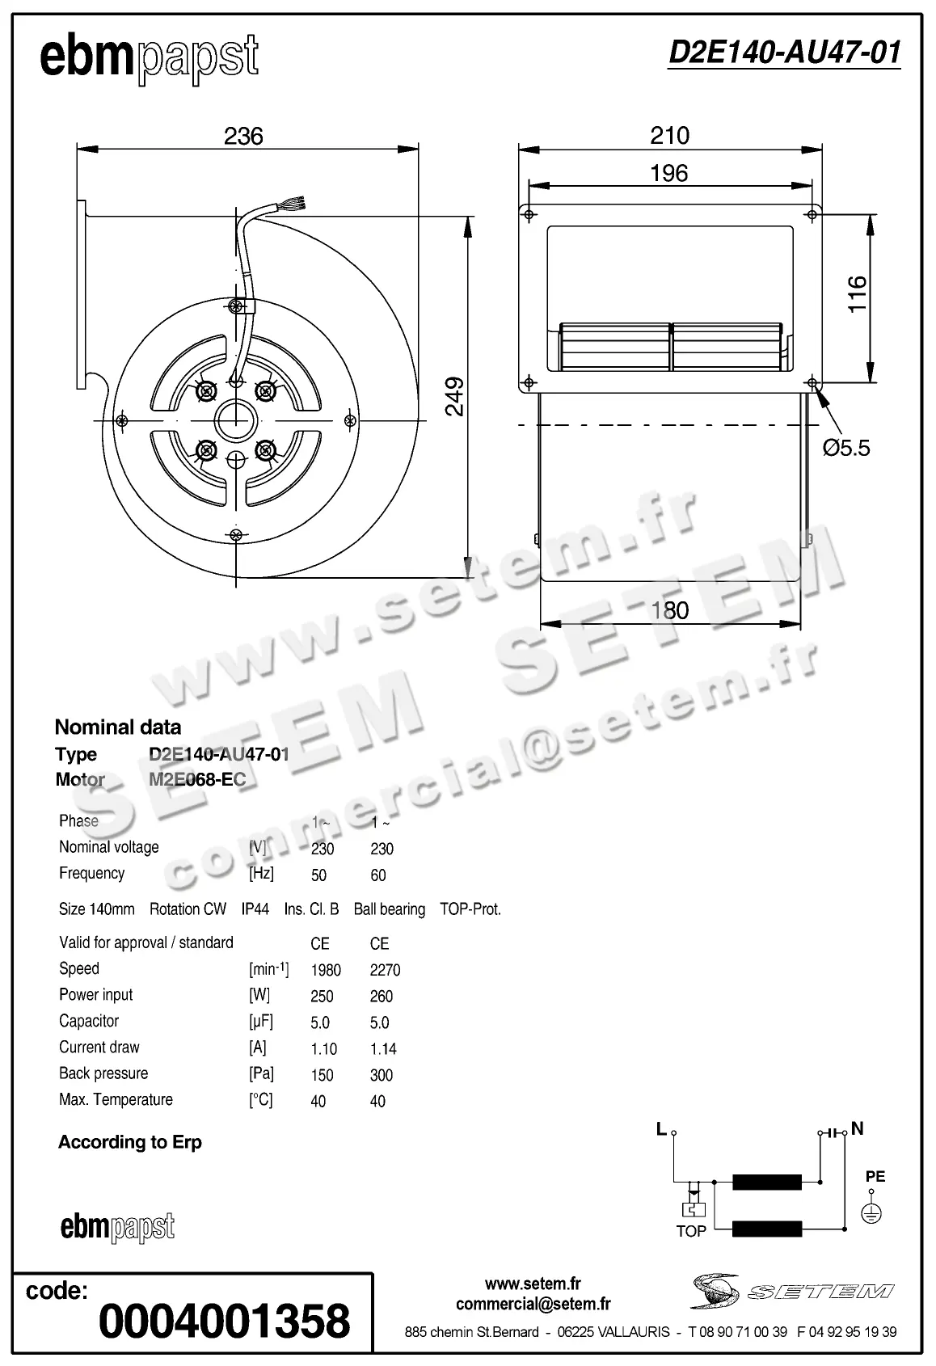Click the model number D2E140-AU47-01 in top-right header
[x=784, y=53]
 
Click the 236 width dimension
[x=243, y=136]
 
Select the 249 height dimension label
[x=455, y=396]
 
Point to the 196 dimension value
[x=668, y=172]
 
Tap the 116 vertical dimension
[x=857, y=293]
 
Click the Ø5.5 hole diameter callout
[x=846, y=447]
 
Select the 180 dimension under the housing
[x=669, y=610]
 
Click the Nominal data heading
[x=118, y=727]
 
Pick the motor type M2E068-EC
[x=197, y=780]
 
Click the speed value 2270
[x=385, y=970]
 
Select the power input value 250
[x=322, y=997]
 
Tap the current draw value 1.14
[x=383, y=1049]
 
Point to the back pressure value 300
[x=381, y=1075]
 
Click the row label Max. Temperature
[x=116, y=1099]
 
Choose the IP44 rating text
[x=255, y=909]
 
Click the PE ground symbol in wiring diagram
[x=871, y=1212]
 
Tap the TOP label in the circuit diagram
[x=691, y=1231]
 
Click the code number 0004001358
[x=225, y=1321]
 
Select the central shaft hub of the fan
[x=236, y=419]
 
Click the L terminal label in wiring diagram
[x=661, y=1129]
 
